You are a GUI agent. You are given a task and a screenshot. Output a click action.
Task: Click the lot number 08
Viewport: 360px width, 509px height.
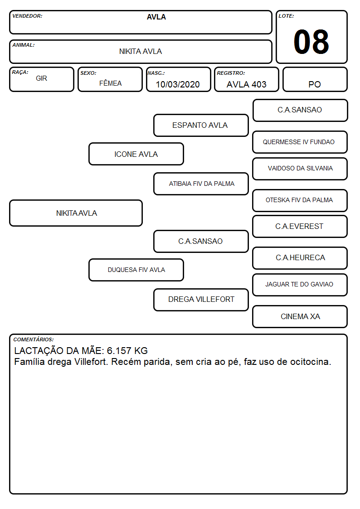click(311, 42)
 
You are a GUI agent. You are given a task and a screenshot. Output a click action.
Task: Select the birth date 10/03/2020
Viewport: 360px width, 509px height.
click(178, 84)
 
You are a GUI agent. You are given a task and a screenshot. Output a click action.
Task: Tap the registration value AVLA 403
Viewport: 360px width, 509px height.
click(246, 84)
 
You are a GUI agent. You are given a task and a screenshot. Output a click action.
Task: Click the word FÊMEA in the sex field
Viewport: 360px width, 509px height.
click(110, 83)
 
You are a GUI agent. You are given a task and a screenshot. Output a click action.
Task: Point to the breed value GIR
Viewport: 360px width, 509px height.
click(41, 78)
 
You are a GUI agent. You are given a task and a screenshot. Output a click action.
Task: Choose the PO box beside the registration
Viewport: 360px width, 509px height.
click(315, 79)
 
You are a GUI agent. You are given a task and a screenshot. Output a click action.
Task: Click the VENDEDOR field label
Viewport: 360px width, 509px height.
click(27, 16)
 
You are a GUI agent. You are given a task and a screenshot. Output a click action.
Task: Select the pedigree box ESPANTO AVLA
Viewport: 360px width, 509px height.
click(201, 125)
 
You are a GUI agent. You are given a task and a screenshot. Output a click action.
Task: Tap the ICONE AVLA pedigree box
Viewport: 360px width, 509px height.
click(136, 154)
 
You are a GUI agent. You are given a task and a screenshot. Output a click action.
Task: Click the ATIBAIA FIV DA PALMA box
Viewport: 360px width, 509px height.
click(201, 184)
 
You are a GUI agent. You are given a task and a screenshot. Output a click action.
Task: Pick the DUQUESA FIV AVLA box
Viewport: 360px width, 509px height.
click(136, 270)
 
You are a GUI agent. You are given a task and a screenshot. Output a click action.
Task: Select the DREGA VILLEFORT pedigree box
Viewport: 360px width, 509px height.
click(201, 300)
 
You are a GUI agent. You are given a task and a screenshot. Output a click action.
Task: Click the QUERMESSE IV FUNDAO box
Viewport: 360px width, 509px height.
click(300, 142)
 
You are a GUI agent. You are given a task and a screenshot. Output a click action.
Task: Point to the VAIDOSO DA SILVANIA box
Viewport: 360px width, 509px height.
click(300, 169)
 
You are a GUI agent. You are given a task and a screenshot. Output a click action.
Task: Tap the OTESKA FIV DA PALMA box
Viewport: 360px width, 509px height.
click(300, 200)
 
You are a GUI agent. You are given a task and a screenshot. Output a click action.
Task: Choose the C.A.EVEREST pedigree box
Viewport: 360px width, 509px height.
click(300, 227)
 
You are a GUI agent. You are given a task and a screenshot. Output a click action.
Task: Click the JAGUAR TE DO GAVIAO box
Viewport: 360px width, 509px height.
click(300, 285)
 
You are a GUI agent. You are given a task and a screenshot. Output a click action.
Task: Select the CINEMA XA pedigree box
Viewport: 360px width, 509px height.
click(300, 316)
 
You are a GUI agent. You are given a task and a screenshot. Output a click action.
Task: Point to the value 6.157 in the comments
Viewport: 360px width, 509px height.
click(119, 350)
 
